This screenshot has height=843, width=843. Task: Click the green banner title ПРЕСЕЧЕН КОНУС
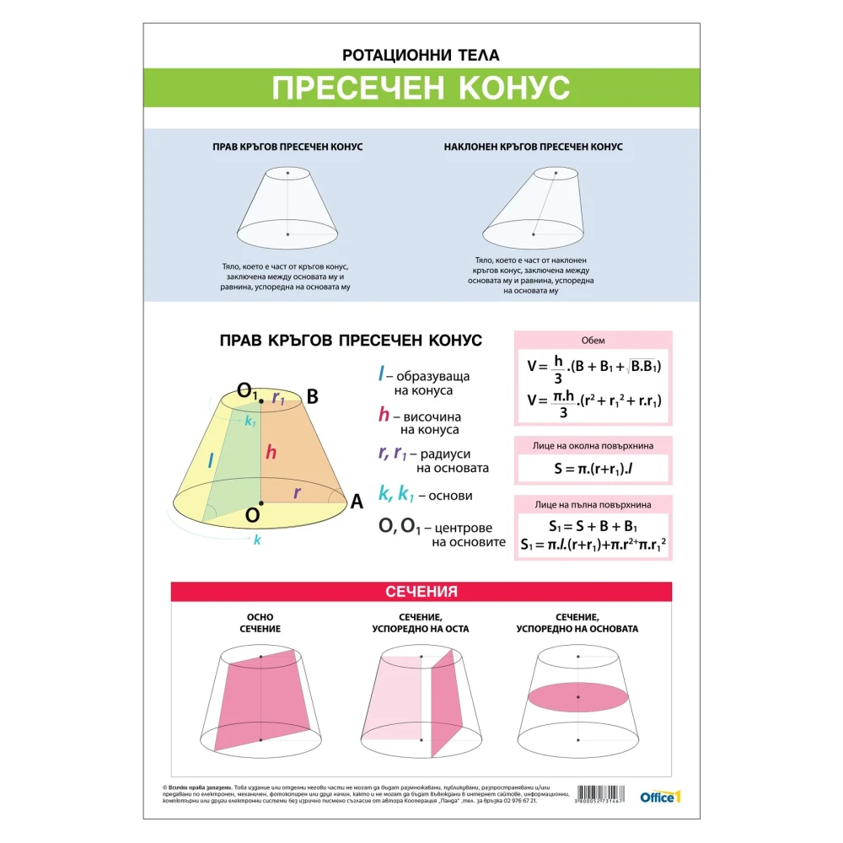[421, 88]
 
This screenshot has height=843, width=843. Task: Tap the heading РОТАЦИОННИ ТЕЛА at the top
[421, 56]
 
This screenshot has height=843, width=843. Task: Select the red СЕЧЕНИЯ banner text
[421, 592]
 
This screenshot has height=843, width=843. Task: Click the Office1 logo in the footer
[659, 796]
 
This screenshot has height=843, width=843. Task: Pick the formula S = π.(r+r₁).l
[593, 469]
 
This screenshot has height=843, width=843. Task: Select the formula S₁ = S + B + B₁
[593, 526]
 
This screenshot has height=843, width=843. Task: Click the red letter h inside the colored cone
[271, 453]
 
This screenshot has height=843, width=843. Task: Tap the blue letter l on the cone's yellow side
[212, 460]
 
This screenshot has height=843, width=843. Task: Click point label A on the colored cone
[356, 502]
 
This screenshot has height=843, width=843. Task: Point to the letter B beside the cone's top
[312, 397]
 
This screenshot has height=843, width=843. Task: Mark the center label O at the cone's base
[251, 513]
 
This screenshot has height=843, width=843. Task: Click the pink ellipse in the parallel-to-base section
[578, 697]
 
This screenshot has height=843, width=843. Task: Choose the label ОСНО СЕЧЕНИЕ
[260, 623]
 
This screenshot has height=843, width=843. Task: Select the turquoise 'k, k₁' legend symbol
[397, 495]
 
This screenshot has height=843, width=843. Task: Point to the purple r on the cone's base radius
[297, 492]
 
